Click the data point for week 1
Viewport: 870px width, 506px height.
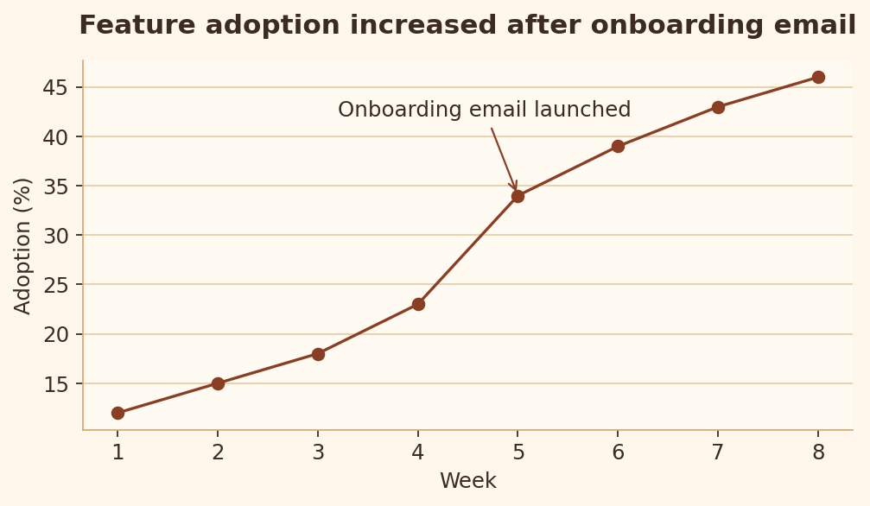(x=117, y=413)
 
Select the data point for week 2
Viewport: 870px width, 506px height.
(x=218, y=383)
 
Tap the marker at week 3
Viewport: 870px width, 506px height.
(x=318, y=354)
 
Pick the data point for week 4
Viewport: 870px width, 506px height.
(x=418, y=304)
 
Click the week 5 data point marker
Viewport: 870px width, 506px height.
(x=518, y=196)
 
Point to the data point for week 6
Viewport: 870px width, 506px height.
(x=618, y=147)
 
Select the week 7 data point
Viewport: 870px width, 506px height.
(x=718, y=107)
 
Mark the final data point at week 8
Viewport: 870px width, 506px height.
(x=818, y=77)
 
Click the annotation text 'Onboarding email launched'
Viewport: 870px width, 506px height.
(x=485, y=110)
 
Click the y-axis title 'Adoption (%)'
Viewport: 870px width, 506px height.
(x=22, y=246)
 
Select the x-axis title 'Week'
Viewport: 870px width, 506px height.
(x=467, y=480)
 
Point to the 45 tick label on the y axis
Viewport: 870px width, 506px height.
(x=55, y=88)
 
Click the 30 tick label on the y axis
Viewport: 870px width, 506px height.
(x=55, y=235)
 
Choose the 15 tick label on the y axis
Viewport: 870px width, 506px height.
(x=55, y=383)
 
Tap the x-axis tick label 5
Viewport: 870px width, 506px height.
(x=518, y=452)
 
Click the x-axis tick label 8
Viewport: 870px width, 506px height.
(x=818, y=452)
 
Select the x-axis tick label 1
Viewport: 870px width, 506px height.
(x=117, y=452)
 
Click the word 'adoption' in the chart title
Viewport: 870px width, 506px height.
(x=272, y=26)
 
